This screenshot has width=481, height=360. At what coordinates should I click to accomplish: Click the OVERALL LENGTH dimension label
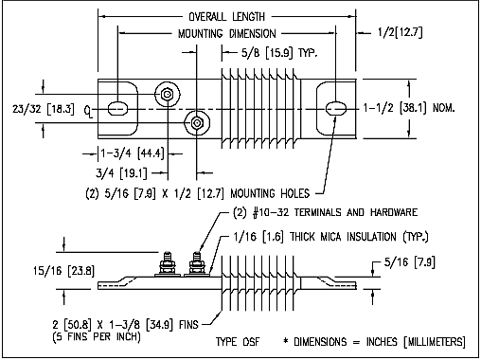point(226,16)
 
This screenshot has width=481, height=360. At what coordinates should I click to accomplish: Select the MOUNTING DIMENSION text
point(227,33)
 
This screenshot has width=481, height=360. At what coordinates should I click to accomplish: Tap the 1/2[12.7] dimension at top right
point(400,32)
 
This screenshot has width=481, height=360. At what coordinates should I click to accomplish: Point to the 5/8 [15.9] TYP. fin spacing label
point(279,52)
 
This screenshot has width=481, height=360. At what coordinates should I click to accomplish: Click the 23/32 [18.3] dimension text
point(44,109)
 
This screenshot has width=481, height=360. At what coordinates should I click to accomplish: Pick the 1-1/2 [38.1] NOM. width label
point(409,108)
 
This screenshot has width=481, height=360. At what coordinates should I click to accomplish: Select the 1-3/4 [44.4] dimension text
point(133,153)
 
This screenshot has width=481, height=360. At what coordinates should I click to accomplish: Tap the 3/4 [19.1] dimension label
point(121,173)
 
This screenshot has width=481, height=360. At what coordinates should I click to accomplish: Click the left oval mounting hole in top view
point(117,109)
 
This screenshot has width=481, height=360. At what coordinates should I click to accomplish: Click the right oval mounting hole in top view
point(336,108)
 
